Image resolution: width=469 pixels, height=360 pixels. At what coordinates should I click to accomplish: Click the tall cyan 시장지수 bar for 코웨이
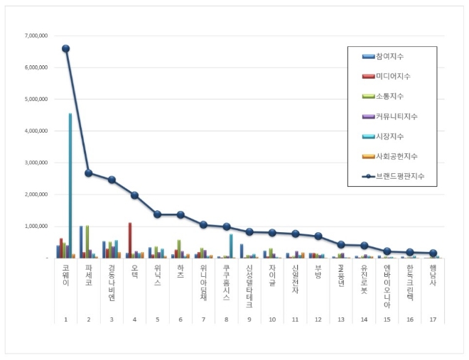click(70, 185)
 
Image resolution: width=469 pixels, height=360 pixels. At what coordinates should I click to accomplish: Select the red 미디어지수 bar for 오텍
click(130, 240)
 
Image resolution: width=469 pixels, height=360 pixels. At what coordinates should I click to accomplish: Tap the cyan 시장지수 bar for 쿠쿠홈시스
click(231, 246)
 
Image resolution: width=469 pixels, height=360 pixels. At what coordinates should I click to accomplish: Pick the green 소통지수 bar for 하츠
click(179, 249)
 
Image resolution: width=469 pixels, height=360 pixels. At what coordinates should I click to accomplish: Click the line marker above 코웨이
click(65, 49)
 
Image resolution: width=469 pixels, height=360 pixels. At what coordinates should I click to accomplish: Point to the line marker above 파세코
click(88, 173)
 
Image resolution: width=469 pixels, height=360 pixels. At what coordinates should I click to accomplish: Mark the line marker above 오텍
click(134, 195)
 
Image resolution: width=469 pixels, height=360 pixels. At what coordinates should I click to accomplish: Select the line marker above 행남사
click(433, 253)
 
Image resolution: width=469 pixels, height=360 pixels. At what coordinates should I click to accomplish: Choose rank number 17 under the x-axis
click(433, 320)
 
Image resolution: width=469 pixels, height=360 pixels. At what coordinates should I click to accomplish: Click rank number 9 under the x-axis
click(249, 320)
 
